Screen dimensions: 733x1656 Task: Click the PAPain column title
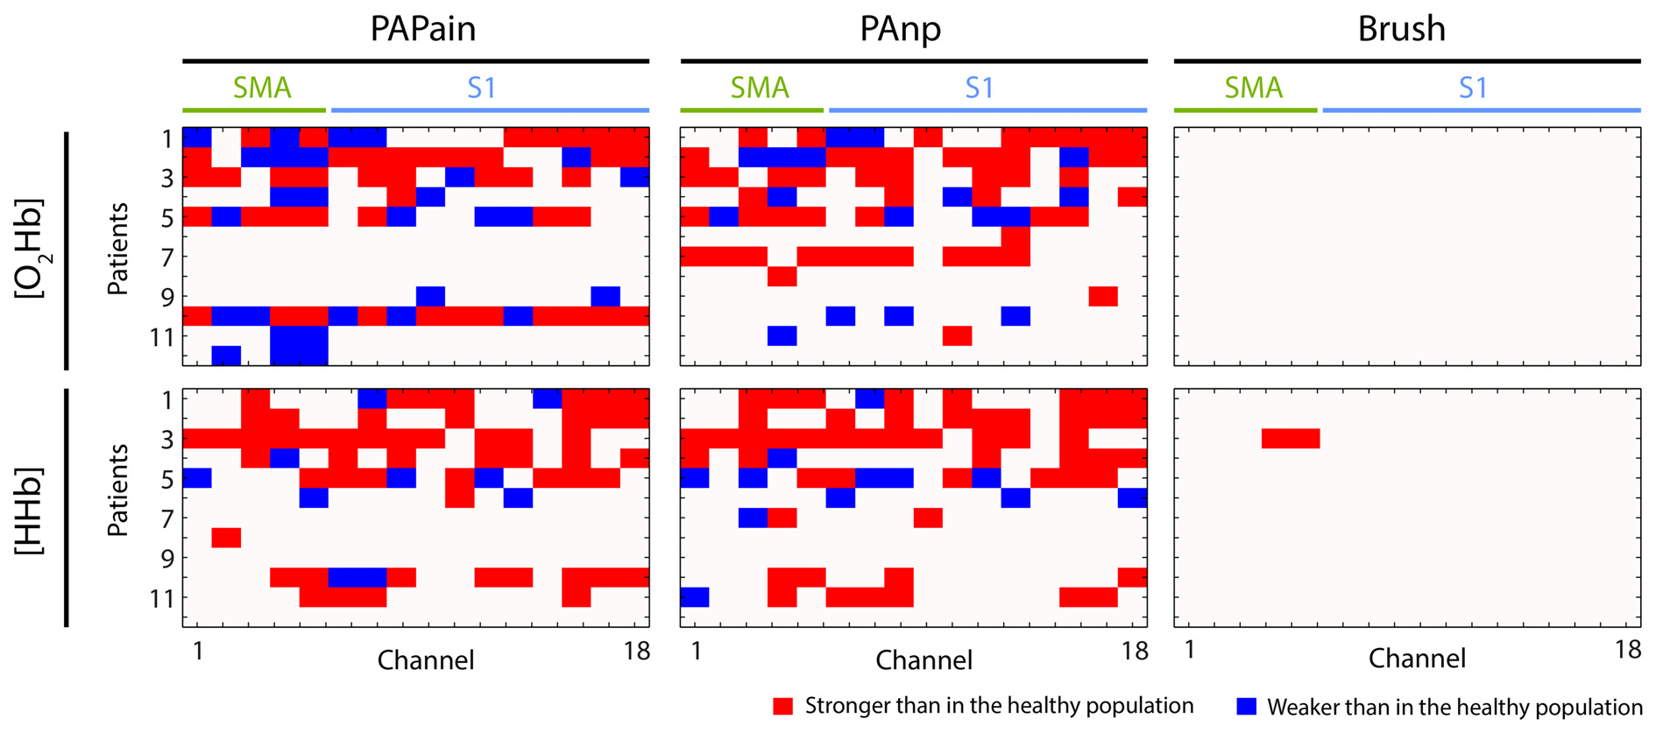click(x=422, y=29)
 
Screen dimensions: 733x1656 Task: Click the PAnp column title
click(x=900, y=29)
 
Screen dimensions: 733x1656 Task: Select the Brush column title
click(x=1401, y=29)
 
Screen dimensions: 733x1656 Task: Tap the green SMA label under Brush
click(x=1253, y=88)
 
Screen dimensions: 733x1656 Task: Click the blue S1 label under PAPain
click(x=481, y=88)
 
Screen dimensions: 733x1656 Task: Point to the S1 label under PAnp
click(x=979, y=88)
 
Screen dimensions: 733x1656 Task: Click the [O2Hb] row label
click(x=32, y=249)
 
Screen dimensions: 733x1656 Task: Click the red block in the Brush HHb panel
click(x=1291, y=439)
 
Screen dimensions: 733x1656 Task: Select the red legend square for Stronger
click(x=782, y=706)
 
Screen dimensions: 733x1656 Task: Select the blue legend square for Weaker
click(x=1246, y=706)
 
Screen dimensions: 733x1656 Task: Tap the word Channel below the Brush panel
click(x=1417, y=659)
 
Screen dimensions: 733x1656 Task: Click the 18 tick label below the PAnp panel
click(x=1134, y=652)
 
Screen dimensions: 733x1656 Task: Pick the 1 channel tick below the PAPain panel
click(x=198, y=652)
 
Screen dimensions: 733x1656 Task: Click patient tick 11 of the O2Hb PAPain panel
click(x=162, y=336)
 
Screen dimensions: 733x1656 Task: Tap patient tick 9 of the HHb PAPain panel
click(x=167, y=558)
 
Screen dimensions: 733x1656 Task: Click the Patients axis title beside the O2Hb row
click(x=117, y=249)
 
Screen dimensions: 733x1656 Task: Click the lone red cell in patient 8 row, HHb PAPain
click(x=226, y=538)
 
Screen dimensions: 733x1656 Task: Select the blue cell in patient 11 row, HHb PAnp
click(x=695, y=597)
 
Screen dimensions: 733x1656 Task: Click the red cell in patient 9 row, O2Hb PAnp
click(x=1103, y=296)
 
